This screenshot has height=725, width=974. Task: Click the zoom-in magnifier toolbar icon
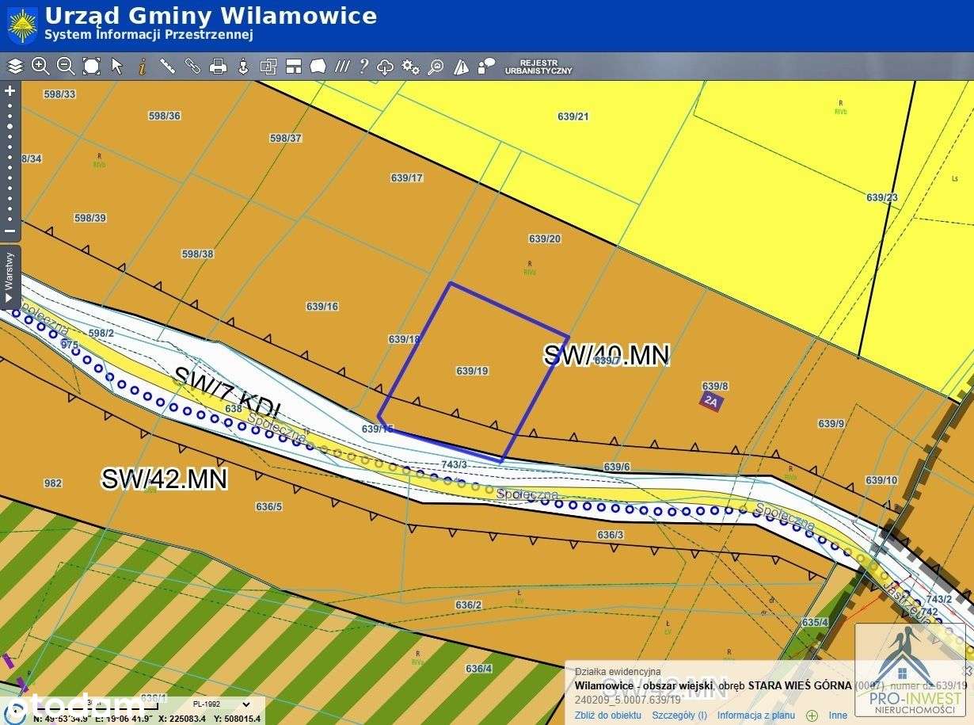[x=40, y=67]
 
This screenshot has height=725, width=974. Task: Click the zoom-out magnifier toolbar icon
[x=66, y=67]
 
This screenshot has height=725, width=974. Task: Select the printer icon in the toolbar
[x=218, y=67]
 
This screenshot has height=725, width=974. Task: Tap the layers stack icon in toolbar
[x=16, y=67]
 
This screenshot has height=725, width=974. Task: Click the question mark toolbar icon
[x=363, y=67]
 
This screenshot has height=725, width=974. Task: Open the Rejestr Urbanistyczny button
[x=538, y=67]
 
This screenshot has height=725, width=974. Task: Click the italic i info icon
[x=143, y=67]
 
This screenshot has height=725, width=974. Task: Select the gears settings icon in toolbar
[x=410, y=67]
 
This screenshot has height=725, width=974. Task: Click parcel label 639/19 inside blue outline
[x=472, y=371]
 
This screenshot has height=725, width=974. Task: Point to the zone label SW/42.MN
[x=165, y=479]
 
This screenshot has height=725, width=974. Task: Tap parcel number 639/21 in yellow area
[x=573, y=116]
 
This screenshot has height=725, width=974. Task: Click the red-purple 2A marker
[x=710, y=401]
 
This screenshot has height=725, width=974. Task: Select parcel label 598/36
[x=165, y=116]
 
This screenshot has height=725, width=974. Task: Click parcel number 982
[x=53, y=483]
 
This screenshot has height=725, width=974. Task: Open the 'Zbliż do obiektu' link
[x=608, y=715]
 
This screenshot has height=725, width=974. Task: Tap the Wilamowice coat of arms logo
[x=22, y=25]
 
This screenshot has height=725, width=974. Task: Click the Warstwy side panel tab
[x=10, y=277]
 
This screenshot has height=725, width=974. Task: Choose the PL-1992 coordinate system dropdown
[x=222, y=704]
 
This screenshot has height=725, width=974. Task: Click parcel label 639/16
[x=321, y=306]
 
